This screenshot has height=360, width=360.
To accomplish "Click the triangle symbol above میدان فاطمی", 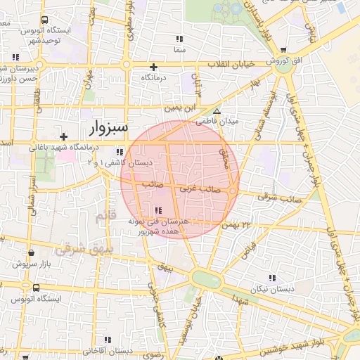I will pyautogui.click(x=217, y=111).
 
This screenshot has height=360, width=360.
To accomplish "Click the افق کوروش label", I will pyautogui.click(x=283, y=61).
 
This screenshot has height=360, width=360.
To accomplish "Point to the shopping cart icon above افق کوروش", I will pyautogui.click(x=283, y=51).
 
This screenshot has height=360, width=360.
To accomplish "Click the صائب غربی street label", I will pyautogui.click(x=200, y=189).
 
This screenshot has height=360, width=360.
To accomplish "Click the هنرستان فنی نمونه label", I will pyautogui.click(x=156, y=221).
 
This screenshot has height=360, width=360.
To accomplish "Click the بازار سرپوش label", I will pyautogui.click(x=30, y=264).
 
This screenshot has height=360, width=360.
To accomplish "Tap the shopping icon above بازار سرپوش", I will pyautogui.click(x=30, y=252).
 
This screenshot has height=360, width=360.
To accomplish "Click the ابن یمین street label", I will pyautogui.click(x=181, y=109).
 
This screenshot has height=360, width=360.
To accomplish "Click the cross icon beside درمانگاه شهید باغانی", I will pyautogui.click(x=64, y=136).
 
